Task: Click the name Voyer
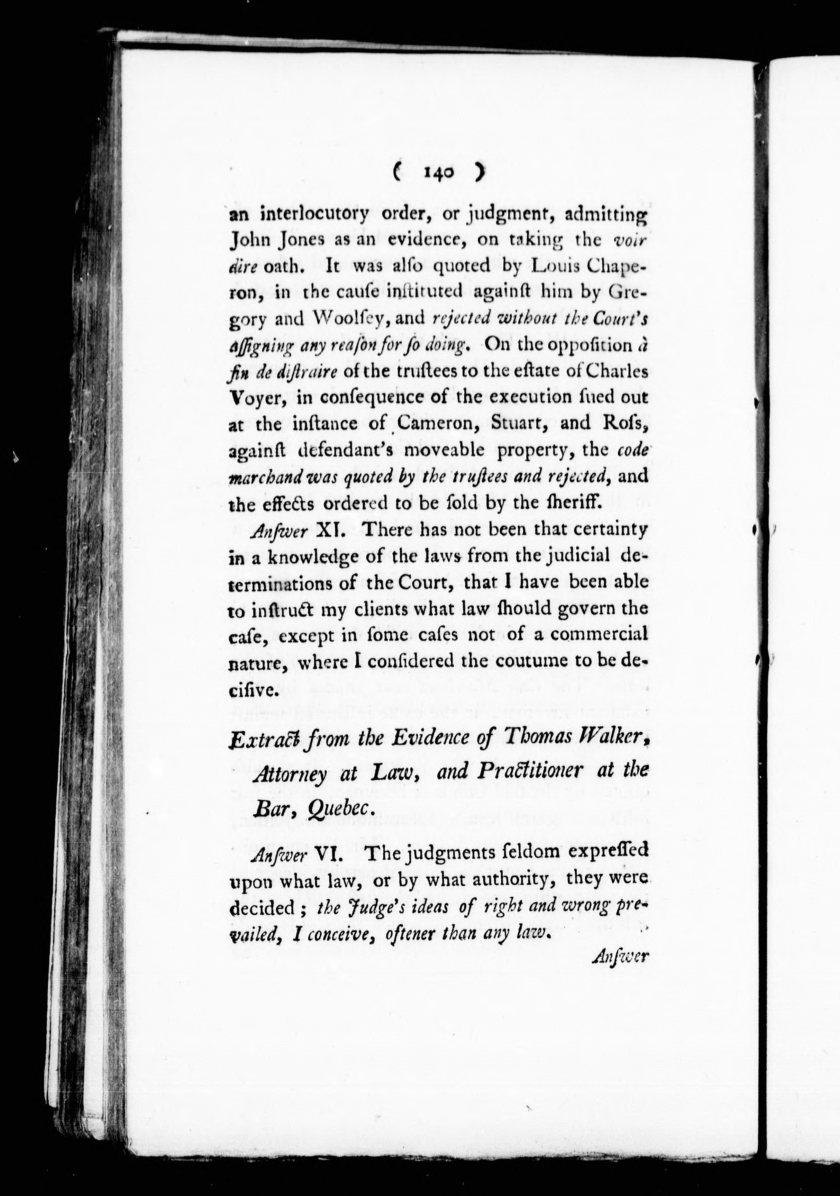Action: [x=255, y=397]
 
